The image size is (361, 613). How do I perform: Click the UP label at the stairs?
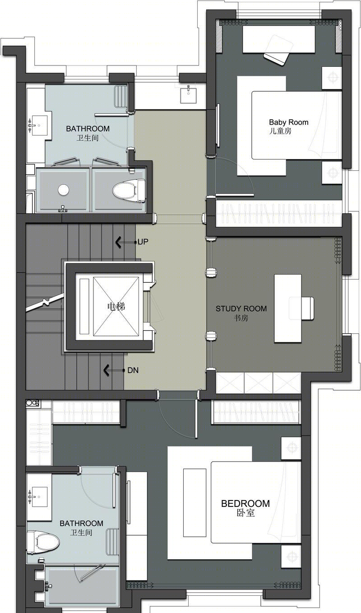pyautogui.click(x=143, y=242)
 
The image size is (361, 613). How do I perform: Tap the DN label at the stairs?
pyautogui.click(x=133, y=370)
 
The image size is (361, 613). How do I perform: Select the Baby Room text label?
pyautogui.click(x=289, y=122)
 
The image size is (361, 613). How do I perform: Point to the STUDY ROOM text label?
pyautogui.click(x=241, y=309)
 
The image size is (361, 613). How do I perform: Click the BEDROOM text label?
pyautogui.click(x=245, y=504)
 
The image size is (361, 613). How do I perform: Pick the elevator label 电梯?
pyautogui.click(x=116, y=306)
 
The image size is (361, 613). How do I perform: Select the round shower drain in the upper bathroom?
pyautogui.click(x=63, y=190)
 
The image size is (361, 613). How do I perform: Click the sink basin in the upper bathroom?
pyautogui.click(x=40, y=125)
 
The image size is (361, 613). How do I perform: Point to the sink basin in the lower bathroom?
pyautogui.click(x=40, y=497)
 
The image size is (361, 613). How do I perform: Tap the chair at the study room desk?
pyautogui.click(x=301, y=308)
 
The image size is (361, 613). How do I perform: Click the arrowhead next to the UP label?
pyautogui.click(x=118, y=242)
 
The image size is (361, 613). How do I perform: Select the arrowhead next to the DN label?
pyautogui.click(x=106, y=370)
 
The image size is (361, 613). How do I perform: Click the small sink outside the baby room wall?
pyautogui.click(x=188, y=94)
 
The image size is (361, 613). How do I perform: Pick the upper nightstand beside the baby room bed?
pyautogui.click(x=332, y=78)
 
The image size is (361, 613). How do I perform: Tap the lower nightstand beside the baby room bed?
pyautogui.click(x=332, y=173)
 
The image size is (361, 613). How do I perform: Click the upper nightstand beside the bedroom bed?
pyautogui.click(x=291, y=448)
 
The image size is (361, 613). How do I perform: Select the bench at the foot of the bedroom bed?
pyautogui.click(x=194, y=503)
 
